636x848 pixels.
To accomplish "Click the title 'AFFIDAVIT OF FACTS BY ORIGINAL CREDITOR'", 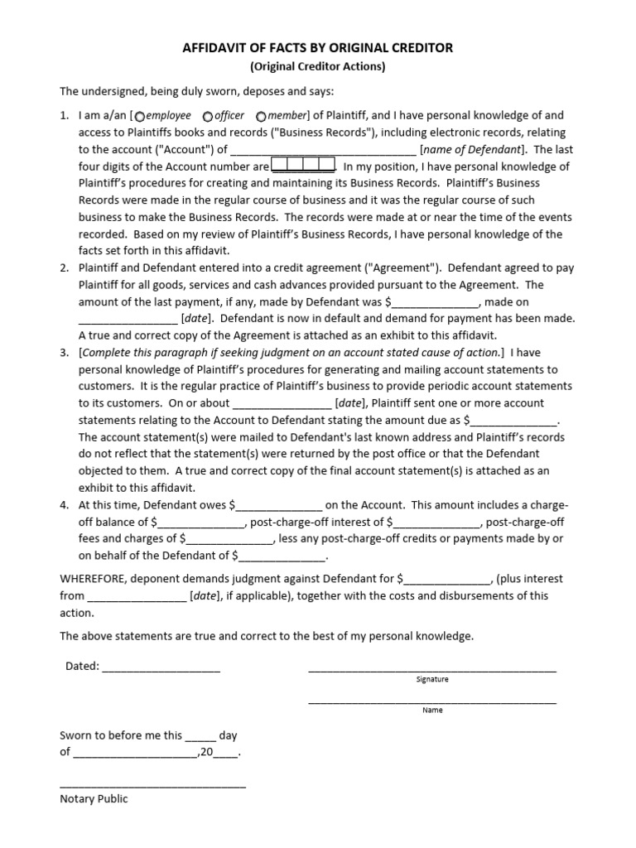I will [x=318, y=48].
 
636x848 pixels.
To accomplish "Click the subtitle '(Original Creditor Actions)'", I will [x=318, y=67].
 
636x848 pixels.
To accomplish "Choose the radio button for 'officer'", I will [x=207, y=116].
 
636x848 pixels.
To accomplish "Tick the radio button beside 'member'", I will [x=262, y=116].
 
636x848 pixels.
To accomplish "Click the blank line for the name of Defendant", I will [x=323, y=151].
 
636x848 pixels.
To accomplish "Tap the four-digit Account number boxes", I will [x=303, y=166].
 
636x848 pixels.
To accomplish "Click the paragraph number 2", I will [x=64, y=268].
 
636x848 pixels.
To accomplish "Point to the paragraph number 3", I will [x=64, y=353].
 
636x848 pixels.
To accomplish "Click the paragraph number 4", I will [x=64, y=504].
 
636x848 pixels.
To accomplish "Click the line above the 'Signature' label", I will [x=431, y=667].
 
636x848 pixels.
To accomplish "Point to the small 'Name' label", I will [x=432, y=710].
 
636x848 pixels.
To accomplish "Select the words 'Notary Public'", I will [x=94, y=799].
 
